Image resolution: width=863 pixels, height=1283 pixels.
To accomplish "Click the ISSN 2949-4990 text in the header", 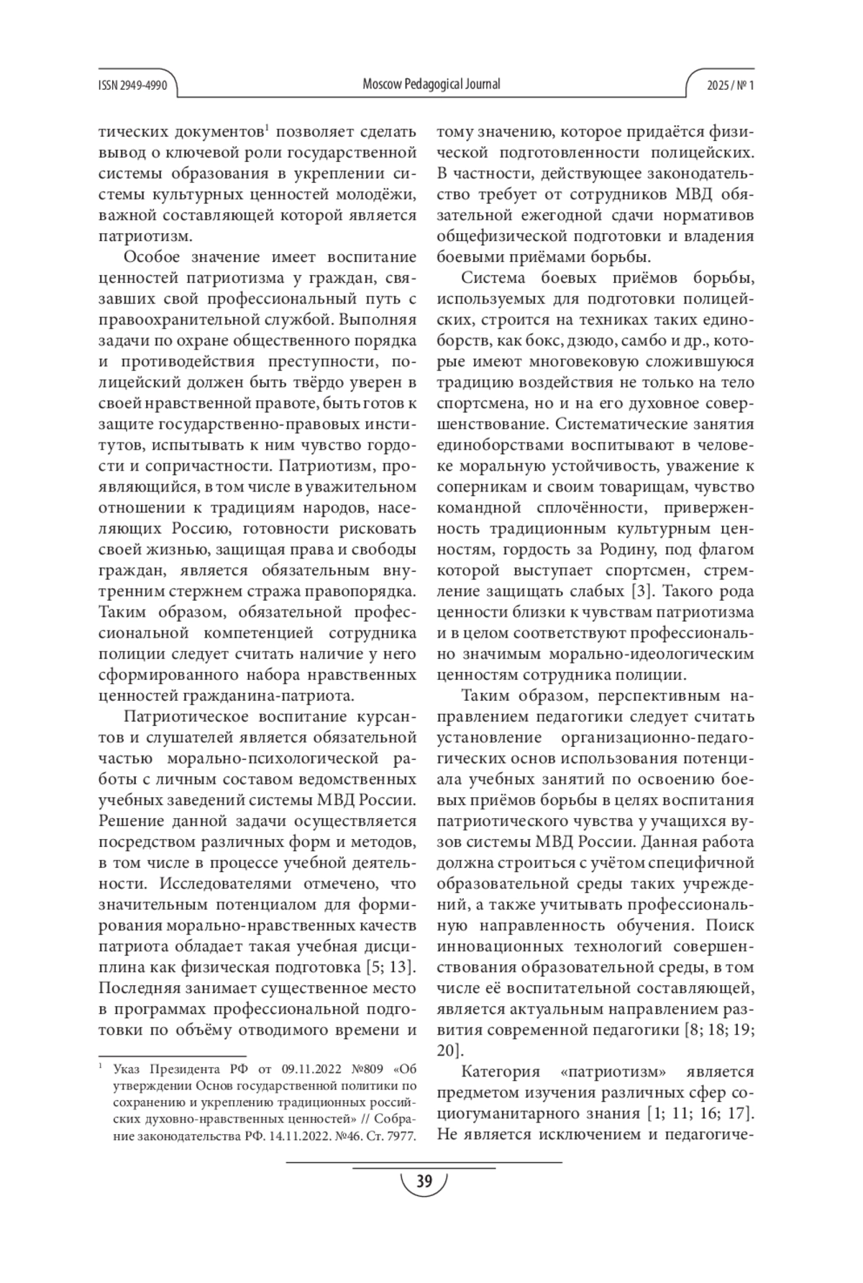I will [133, 85].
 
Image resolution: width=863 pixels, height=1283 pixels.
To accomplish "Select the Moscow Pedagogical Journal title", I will [431, 84].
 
